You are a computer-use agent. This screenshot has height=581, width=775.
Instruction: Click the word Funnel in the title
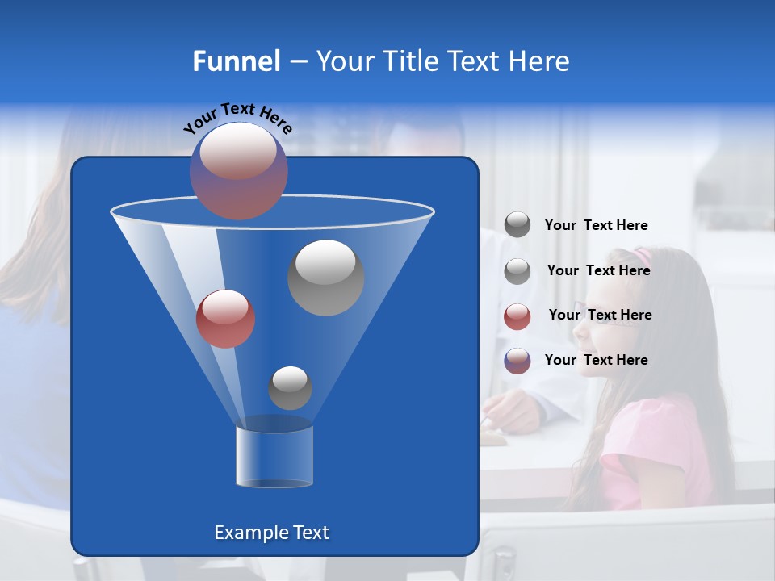237,61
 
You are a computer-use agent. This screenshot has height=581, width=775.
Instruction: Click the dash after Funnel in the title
297,62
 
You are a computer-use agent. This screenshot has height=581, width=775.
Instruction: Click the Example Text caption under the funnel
271,533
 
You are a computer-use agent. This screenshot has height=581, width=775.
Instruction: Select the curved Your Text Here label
237,118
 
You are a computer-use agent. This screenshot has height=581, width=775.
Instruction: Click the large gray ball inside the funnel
325,277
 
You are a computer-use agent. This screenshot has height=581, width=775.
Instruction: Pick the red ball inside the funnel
225,318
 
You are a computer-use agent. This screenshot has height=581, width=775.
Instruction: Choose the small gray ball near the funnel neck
290,387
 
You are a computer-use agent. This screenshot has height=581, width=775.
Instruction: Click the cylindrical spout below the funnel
274,456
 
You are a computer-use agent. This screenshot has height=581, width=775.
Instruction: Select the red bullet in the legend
517,316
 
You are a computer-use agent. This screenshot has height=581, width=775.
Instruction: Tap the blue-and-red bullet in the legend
517,361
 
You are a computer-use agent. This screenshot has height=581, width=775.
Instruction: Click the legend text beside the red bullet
600,315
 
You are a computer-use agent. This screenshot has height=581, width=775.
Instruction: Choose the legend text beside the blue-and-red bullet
596,360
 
